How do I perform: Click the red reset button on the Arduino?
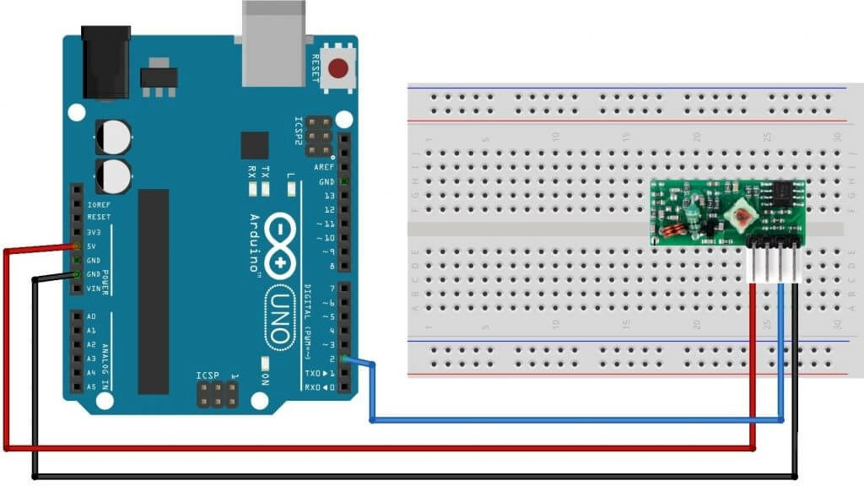340,68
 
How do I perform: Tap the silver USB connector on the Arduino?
275,43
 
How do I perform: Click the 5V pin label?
92,246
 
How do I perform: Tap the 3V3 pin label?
94,231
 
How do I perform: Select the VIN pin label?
93,289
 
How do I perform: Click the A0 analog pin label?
91,316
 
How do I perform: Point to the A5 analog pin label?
91,386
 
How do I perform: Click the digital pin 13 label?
329,196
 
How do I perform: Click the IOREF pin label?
98,202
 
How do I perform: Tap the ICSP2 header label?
299,132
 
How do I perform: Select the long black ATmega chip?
154,291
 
